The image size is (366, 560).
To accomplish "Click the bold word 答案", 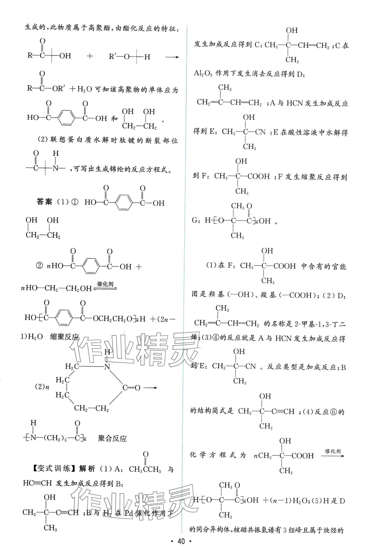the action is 44,202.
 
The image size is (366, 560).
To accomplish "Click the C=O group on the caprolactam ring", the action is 131,388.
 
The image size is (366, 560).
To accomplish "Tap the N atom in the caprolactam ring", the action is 107,367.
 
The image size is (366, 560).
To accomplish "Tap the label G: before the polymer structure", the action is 197,221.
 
